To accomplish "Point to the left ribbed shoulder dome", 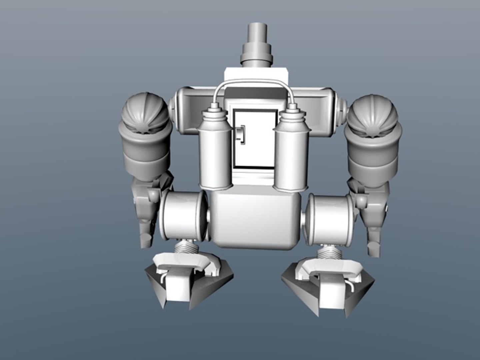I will point(146,113).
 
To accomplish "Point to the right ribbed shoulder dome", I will point(372,113).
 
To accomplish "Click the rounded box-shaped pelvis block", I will point(255,220).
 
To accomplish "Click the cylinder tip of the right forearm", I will point(373,249).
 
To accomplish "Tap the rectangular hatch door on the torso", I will point(255,138).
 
